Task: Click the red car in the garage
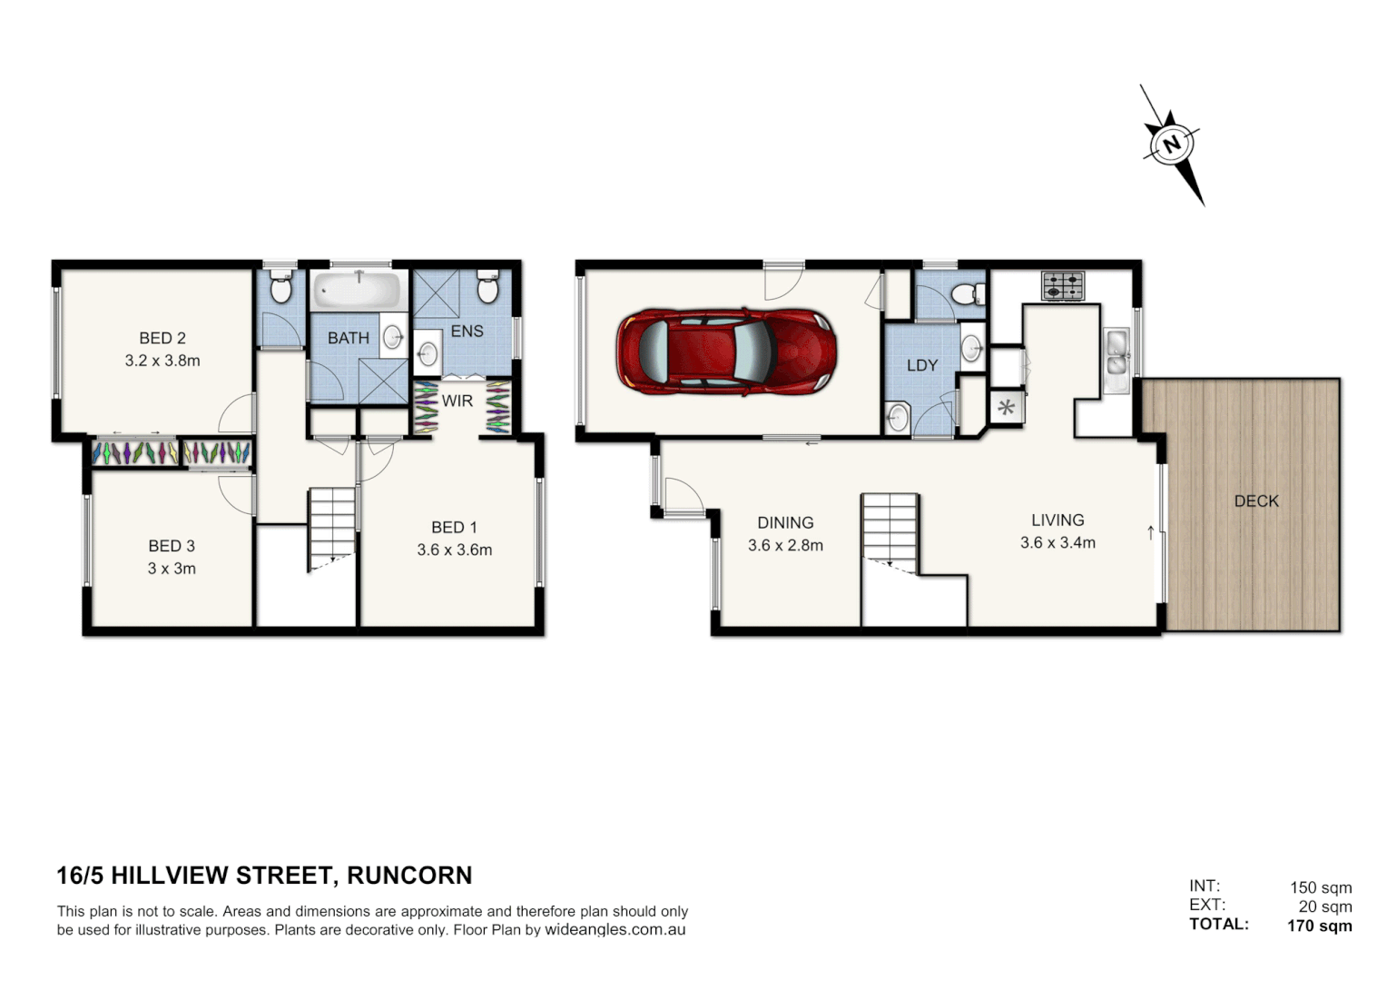[725, 351]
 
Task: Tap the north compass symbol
[1172, 144]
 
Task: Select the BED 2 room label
[162, 338]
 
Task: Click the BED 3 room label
[172, 546]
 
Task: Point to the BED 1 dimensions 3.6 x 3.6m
[454, 550]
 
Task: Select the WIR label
[457, 401]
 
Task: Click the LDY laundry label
[921, 365]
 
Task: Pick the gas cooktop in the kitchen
[1062, 285]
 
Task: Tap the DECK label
[1256, 500]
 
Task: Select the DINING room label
[785, 522]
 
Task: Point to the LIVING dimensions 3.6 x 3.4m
[1057, 543]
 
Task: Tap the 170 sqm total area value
[1319, 926]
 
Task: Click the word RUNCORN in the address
[409, 876]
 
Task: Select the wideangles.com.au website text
[615, 930]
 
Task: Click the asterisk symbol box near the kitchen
[1006, 407]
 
